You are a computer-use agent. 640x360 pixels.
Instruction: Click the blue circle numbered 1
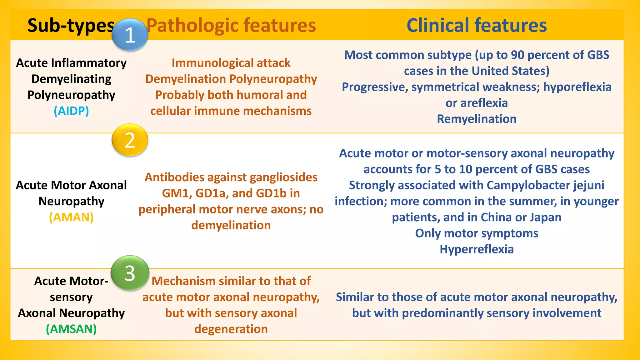(130, 34)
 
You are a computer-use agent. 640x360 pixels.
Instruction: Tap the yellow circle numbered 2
(130, 140)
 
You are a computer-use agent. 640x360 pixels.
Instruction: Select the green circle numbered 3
(130, 273)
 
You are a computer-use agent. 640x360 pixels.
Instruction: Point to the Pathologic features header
(231, 25)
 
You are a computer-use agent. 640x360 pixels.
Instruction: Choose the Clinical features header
(477, 25)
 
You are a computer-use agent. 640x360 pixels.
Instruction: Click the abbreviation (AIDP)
(71, 111)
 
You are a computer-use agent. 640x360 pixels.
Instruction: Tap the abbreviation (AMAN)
(71, 217)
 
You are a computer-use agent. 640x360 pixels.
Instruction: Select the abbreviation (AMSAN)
(71, 329)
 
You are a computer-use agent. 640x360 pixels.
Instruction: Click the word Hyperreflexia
(477, 249)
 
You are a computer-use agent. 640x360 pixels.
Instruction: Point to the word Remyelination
(477, 119)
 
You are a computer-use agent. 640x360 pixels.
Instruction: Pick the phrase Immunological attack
(231, 63)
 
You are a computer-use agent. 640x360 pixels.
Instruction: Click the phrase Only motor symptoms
(477, 233)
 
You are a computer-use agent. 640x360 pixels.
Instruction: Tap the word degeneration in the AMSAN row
(231, 329)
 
